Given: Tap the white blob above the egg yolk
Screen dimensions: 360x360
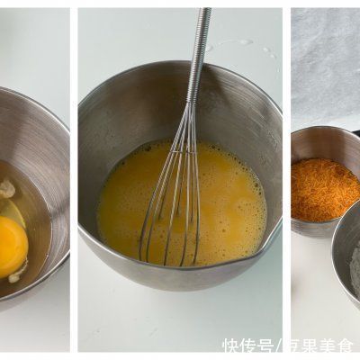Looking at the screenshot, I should tap(7, 189).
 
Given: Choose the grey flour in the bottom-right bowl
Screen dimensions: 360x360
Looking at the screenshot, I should tap(353, 270).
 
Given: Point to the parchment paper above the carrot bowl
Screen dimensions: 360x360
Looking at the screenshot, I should tap(324, 63).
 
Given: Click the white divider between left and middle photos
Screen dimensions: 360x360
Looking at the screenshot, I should tap(73, 180).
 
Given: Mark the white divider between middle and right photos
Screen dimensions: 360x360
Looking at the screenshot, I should tap(286, 180).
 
